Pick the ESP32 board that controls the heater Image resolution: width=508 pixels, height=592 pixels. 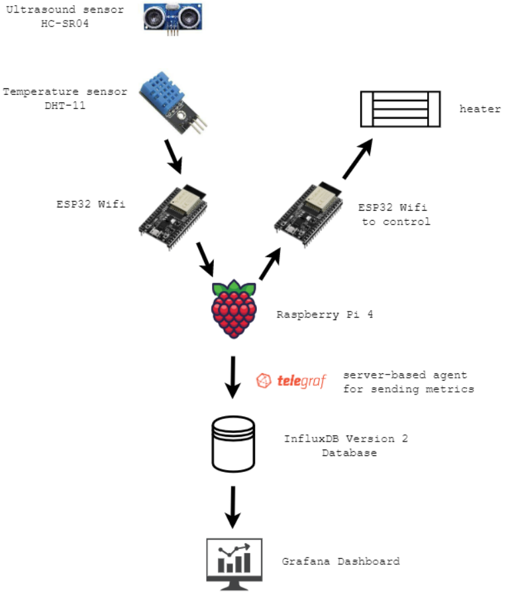[309, 213]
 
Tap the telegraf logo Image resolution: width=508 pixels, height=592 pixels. [291, 381]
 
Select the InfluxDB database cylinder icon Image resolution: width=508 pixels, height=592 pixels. [233, 443]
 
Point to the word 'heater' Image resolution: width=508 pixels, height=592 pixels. [480, 109]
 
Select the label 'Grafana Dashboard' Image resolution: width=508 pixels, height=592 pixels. [340, 562]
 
